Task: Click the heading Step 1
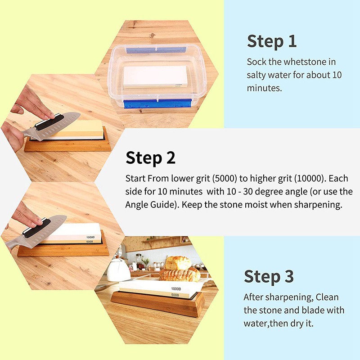click(x=272, y=41)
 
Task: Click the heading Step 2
click(x=150, y=158)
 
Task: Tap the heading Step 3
click(x=269, y=277)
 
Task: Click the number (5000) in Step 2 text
click(x=224, y=179)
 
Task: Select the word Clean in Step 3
click(x=327, y=297)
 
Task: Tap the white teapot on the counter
click(x=118, y=270)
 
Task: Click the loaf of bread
click(x=178, y=263)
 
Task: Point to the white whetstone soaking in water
click(x=155, y=76)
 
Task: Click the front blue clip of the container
click(x=157, y=103)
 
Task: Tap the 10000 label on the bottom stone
click(x=176, y=289)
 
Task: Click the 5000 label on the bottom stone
click(x=175, y=295)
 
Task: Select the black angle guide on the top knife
click(x=49, y=121)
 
